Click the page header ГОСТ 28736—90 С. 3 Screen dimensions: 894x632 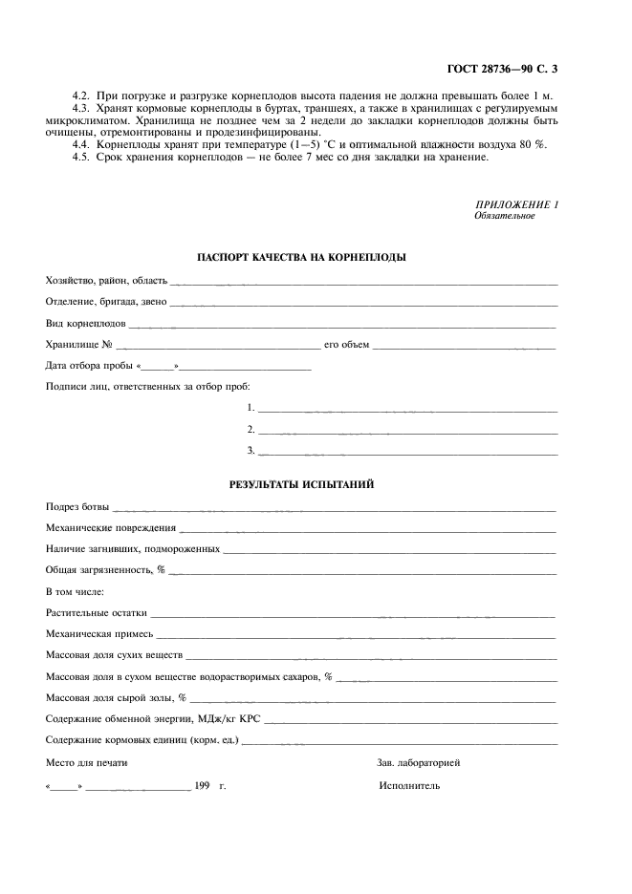point(501,69)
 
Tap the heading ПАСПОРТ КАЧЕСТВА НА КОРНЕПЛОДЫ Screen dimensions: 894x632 point(301,258)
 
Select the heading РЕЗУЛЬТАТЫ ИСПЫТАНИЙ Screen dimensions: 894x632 point(301,485)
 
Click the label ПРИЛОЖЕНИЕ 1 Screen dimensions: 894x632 point(516,205)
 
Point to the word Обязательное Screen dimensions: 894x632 point(504,216)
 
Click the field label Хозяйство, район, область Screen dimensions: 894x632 point(106,281)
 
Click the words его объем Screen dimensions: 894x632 point(346,345)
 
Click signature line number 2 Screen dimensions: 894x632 point(406,430)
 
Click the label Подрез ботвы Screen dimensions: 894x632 point(77,506)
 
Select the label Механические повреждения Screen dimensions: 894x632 point(111,527)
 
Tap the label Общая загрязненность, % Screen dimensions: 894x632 point(106,569)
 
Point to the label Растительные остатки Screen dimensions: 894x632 point(97,612)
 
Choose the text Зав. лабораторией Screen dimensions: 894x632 point(419,763)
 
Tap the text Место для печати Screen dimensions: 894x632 point(86,763)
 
